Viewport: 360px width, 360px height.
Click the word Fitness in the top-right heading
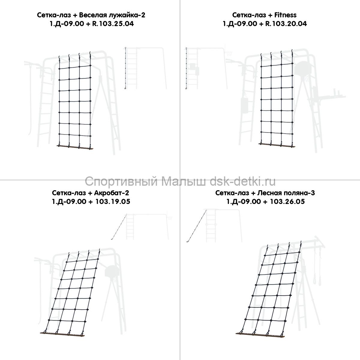point(285,15)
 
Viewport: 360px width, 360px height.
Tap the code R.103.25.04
point(113,24)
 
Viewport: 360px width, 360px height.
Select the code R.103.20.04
point(286,24)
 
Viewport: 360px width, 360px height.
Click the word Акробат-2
point(111,193)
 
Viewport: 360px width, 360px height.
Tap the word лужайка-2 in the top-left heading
point(127,15)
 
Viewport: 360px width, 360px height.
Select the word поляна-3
point(299,193)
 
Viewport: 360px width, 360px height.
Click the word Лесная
point(269,193)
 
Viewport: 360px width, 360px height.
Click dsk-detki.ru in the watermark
point(243,181)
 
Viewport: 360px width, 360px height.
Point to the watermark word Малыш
point(184,181)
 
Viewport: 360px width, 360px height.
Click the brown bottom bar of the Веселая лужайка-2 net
point(75,147)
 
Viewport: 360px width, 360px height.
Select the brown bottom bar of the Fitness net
point(277,145)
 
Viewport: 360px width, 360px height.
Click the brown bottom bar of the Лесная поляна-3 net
point(260,335)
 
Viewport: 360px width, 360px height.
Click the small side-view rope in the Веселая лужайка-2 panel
point(125,68)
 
